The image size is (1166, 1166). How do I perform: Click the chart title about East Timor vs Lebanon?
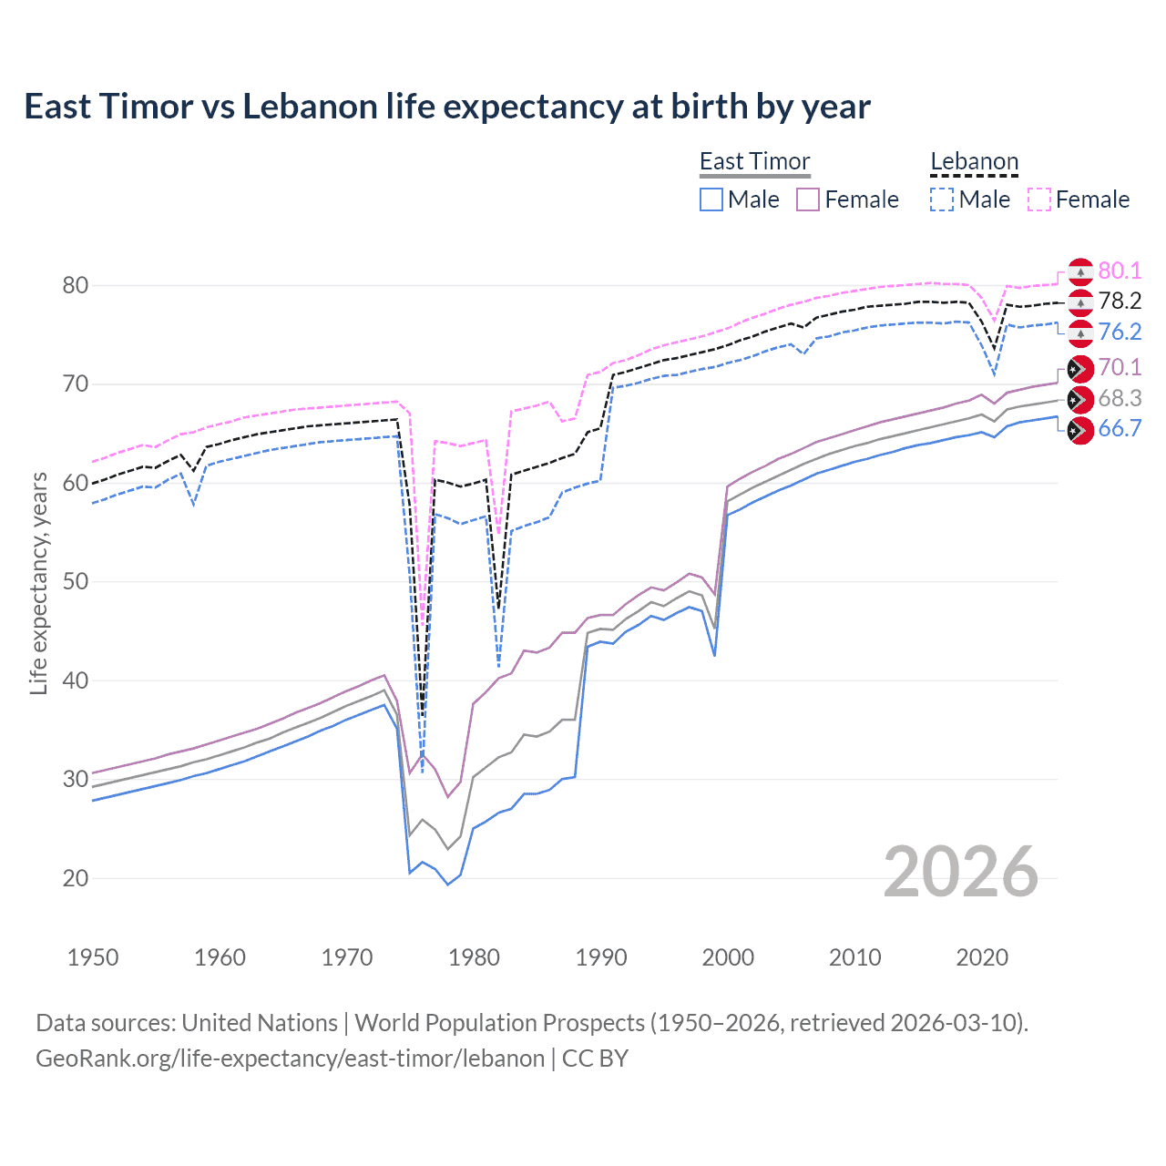(x=446, y=107)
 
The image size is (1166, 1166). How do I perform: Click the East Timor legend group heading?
(x=754, y=161)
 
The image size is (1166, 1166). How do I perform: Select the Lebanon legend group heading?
(x=974, y=161)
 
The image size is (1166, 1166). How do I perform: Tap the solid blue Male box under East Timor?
(x=711, y=199)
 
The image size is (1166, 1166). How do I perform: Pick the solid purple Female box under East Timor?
(x=809, y=199)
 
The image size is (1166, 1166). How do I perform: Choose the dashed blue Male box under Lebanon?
(x=942, y=199)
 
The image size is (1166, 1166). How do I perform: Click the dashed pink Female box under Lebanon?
(x=1039, y=199)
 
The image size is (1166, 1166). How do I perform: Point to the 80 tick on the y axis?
(x=76, y=285)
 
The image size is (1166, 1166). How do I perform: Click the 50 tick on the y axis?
(x=76, y=582)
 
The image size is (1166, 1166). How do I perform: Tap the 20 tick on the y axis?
(x=76, y=878)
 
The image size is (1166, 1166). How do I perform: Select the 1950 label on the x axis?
(x=93, y=957)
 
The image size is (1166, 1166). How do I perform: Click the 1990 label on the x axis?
(x=601, y=957)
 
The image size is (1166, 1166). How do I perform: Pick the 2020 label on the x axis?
(x=982, y=957)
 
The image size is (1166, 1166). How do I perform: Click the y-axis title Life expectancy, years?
(x=38, y=583)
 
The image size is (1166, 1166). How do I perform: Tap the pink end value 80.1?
(x=1120, y=271)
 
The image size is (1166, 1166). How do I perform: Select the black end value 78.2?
(x=1120, y=301)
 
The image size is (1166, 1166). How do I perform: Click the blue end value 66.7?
(x=1120, y=429)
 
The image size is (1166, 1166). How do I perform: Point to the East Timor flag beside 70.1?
(x=1079, y=368)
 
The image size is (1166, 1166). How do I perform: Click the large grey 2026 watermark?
(x=961, y=872)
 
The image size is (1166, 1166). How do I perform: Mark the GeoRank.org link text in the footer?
(x=290, y=1059)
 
